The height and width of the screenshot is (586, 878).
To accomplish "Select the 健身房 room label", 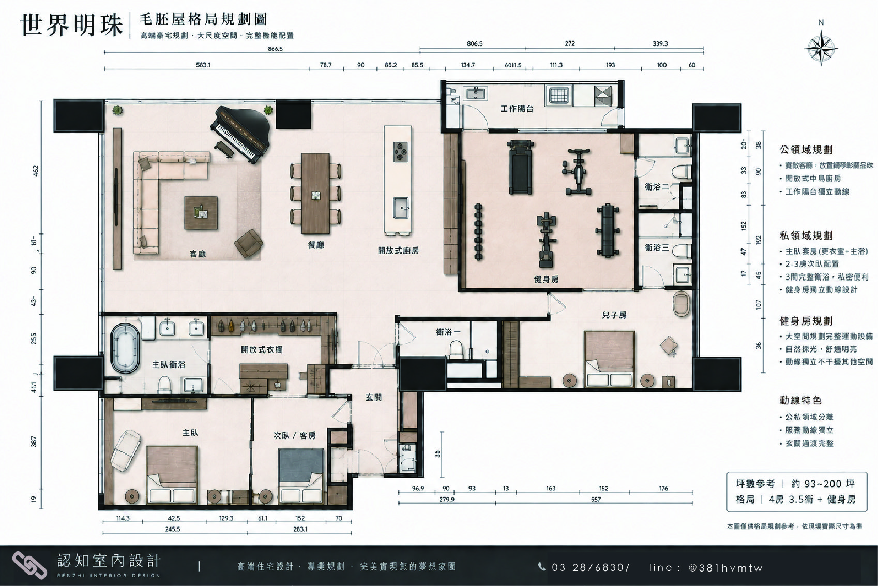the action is (546, 280).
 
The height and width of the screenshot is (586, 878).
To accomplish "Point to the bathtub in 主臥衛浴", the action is (125, 348).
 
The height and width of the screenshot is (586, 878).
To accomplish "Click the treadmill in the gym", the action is (521, 168).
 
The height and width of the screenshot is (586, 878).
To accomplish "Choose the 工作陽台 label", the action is (517, 109).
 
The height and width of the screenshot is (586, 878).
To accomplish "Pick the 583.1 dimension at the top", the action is (203, 65).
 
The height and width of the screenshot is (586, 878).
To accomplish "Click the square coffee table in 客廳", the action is (201, 213).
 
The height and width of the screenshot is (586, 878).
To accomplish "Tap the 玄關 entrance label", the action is (373, 398).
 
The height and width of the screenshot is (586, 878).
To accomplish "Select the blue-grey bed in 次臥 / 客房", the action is (301, 476).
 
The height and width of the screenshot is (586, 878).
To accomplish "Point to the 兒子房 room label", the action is (614, 315).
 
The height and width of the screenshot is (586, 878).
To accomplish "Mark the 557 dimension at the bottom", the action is (596, 500).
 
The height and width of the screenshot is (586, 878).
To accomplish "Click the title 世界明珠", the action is (72, 25).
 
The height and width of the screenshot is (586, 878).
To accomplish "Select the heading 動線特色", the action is (800, 400).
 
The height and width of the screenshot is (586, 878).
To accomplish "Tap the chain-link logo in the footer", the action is (29, 565).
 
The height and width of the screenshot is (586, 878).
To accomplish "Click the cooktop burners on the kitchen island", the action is (401, 152).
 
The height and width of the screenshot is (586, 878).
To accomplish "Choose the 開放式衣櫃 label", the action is (262, 350).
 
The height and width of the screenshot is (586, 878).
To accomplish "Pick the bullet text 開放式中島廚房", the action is (813, 179).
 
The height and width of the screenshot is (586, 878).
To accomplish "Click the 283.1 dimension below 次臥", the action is (300, 529).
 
